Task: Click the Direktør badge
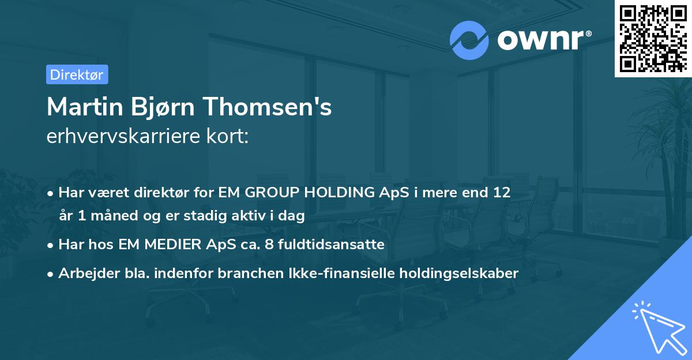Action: coord(77,74)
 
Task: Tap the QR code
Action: coord(652,39)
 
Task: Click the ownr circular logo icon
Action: coord(469,40)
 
